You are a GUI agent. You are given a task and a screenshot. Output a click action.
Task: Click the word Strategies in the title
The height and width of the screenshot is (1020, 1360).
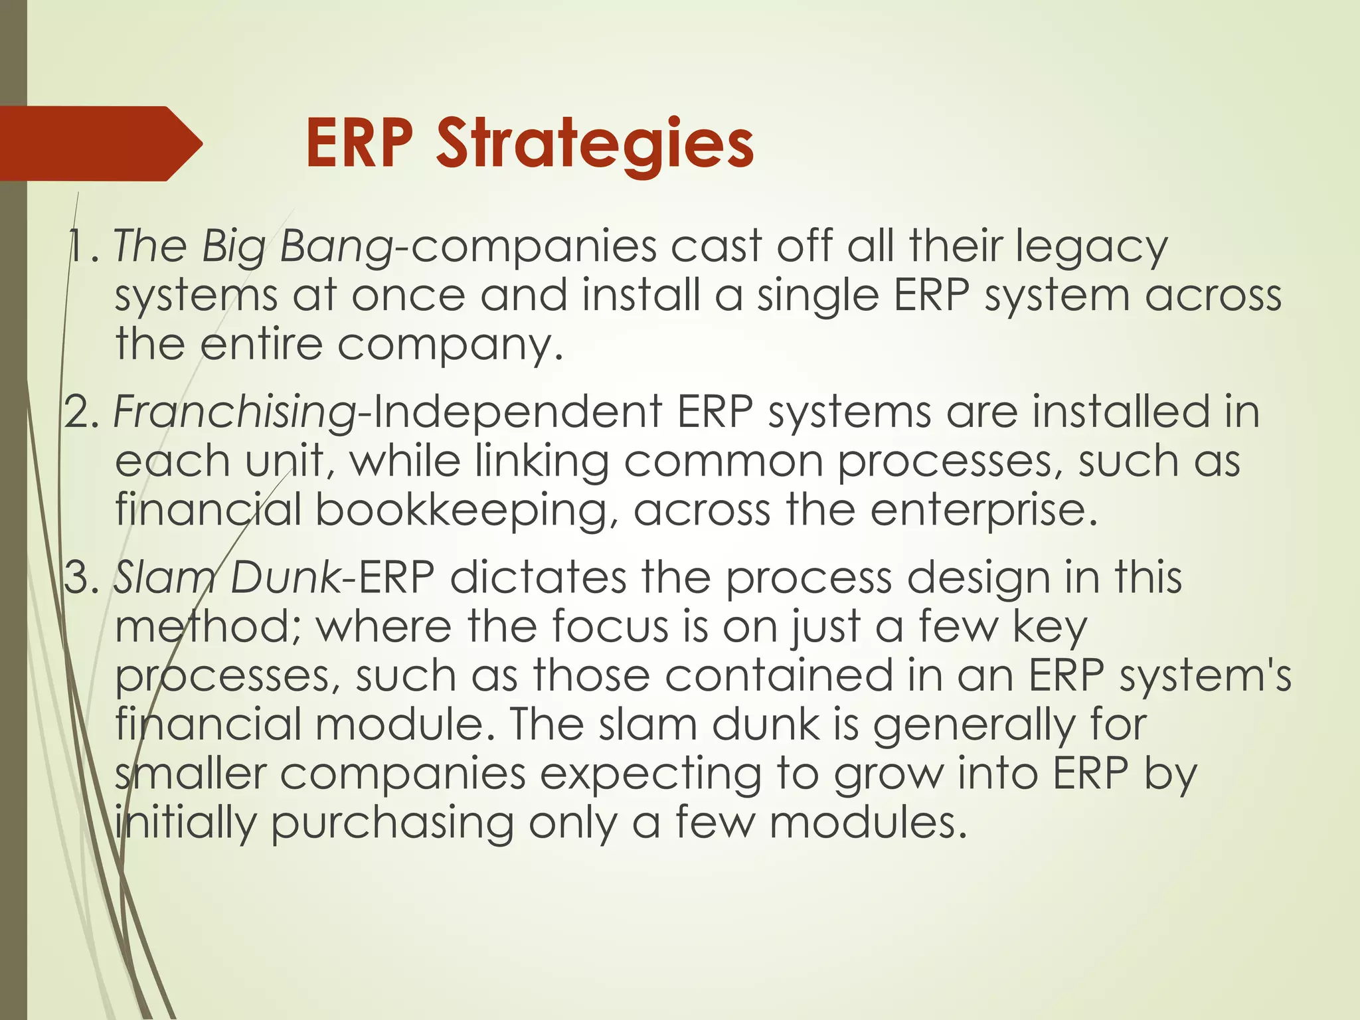(x=595, y=144)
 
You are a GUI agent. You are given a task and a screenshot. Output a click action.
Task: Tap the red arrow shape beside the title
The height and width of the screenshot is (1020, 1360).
(x=100, y=143)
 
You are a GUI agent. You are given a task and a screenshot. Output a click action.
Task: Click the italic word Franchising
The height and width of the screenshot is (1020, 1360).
(x=236, y=412)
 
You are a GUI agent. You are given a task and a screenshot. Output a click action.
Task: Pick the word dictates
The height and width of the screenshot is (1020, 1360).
(x=538, y=577)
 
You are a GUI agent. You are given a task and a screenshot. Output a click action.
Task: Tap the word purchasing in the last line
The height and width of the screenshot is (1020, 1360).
(x=392, y=823)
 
